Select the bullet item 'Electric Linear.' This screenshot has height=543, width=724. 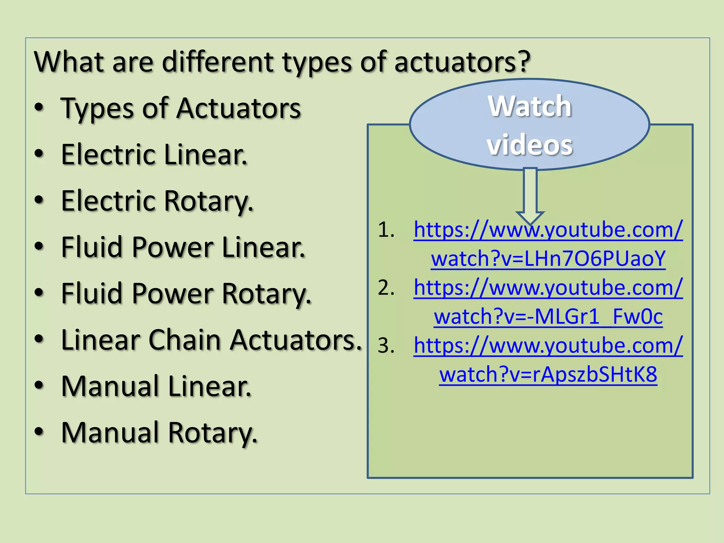pyautogui.click(x=154, y=155)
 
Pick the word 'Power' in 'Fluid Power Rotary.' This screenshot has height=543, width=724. pyautogui.click(x=173, y=294)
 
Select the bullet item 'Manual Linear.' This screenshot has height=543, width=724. pyautogui.click(x=156, y=386)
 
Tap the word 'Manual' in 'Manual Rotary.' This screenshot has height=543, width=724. pyautogui.click(x=110, y=433)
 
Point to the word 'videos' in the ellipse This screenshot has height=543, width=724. pyautogui.click(x=530, y=145)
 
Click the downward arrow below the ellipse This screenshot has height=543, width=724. pyautogui.click(x=530, y=194)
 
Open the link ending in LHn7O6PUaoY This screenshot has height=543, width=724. pyautogui.click(x=548, y=258)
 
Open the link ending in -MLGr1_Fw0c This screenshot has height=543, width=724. pyautogui.click(x=548, y=316)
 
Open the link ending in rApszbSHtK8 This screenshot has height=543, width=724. pyautogui.click(x=548, y=374)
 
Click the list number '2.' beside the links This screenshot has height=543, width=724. pyautogui.click(x=386, y=288)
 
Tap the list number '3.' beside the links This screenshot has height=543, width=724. pyautogui.click(x=386, y=346)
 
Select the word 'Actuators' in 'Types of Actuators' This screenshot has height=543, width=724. pyautogui.click(x=239, y=109)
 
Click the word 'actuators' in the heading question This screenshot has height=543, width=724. pyautogui.click(x=456, y=62)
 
